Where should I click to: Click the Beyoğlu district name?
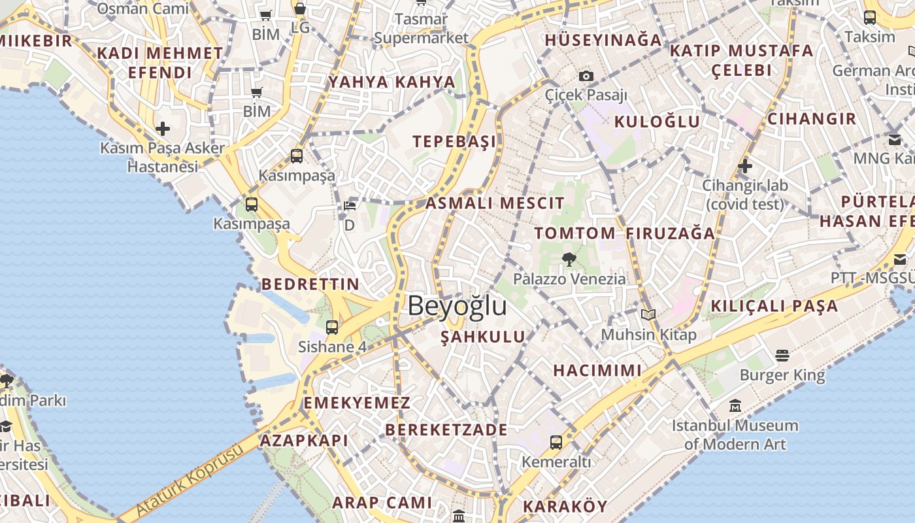click(457, 306)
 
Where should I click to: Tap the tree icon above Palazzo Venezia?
click(569, 260)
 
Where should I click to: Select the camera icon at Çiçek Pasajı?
click(586, 76)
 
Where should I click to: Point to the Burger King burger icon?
click(782, 356)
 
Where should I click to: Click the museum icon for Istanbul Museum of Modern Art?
click(735, 406)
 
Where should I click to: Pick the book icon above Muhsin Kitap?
click(648, 315)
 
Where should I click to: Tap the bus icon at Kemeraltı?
click(556, 443)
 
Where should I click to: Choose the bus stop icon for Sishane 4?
click(332, 328)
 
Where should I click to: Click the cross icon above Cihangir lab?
click(744, 166)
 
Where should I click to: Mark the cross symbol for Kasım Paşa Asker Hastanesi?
click(163, 129)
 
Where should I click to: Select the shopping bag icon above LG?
click(299, 8)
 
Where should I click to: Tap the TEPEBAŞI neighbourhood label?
click(454, 142)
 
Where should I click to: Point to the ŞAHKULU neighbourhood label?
click(483, 337)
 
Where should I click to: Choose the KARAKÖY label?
click(565, 506)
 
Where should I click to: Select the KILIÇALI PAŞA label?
click(774, 305)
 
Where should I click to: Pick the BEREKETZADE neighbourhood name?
click(446, 430)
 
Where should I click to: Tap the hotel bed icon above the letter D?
click(350, 207)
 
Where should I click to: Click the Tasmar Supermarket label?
click(422, 29)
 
